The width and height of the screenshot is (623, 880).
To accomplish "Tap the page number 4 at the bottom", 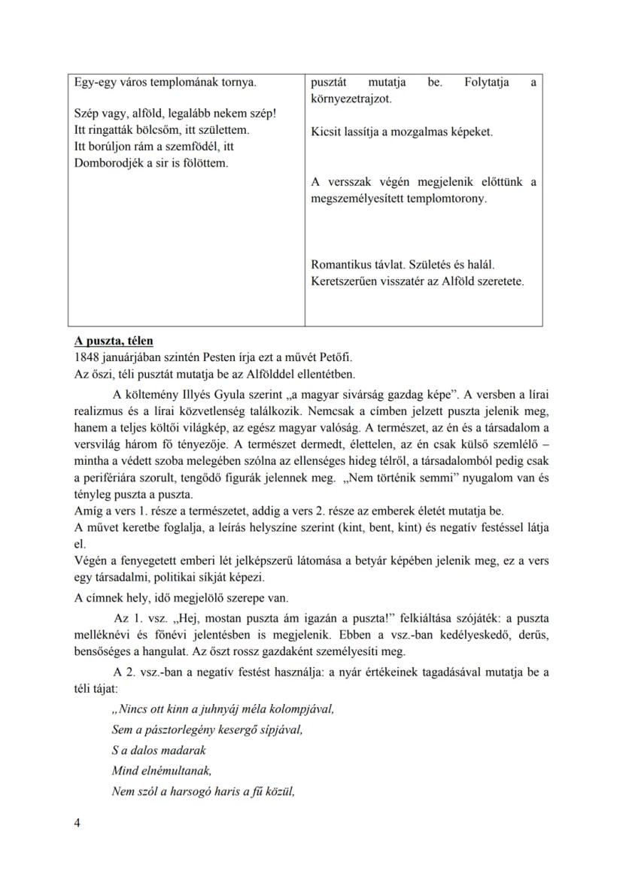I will [77, 822].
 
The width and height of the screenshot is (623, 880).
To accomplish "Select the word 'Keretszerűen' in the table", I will [345, 281].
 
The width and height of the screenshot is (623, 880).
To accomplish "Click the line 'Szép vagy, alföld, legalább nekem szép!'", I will [175, 114].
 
